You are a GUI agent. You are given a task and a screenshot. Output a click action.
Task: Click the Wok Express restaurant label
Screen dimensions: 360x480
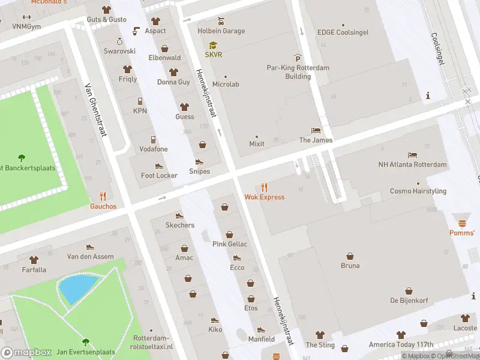coord(265,197)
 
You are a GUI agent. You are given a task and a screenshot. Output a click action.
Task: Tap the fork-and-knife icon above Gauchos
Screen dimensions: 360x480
coord(103,196)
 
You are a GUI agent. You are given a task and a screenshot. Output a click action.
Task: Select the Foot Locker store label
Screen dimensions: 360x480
coord(159,175)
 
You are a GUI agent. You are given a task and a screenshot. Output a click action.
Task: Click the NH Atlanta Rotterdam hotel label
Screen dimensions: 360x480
coord(413,164)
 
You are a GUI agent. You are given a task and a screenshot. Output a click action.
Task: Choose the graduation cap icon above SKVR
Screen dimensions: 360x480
coord(213,45)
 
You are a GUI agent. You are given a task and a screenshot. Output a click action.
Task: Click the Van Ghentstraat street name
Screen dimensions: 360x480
coord(96,110)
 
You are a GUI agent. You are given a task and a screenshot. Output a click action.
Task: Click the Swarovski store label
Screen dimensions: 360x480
coord(119,51)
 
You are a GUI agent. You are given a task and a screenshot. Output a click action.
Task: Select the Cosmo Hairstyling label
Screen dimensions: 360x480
coord(418,191)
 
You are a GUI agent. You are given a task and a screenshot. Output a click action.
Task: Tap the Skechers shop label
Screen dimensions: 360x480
coord(180,225)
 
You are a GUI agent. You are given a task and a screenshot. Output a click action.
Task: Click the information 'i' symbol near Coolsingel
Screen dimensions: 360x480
coord(428,95)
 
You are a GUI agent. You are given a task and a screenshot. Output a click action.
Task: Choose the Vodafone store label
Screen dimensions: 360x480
coord(153,149)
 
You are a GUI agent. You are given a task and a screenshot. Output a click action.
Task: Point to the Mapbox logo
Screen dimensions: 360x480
coord(26,353)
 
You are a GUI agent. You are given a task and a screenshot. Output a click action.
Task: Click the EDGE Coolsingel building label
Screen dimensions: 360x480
coord(343,32)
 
